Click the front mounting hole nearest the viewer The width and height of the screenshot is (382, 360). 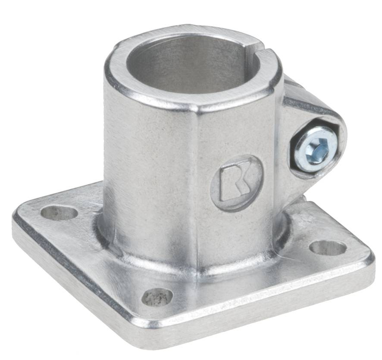(157, 297)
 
